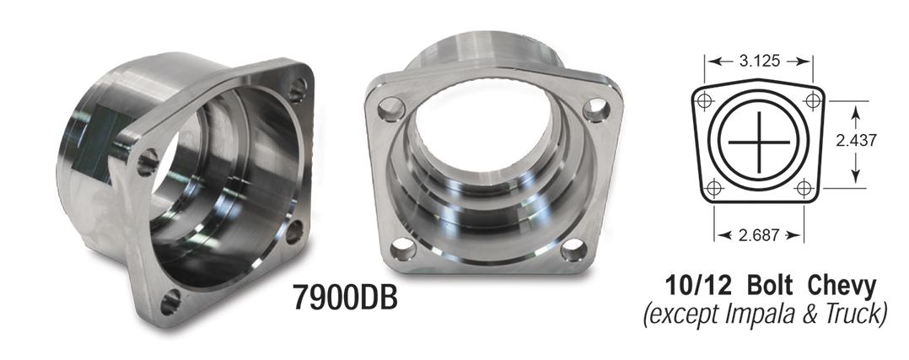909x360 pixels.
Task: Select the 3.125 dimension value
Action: click(759, 61)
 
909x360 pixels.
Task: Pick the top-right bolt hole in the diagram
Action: click(813, 99)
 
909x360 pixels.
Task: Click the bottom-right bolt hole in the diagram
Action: click(804, 187)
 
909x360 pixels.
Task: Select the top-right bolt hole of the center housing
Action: click(599, 108)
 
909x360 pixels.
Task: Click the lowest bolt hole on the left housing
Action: click(172, 298)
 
